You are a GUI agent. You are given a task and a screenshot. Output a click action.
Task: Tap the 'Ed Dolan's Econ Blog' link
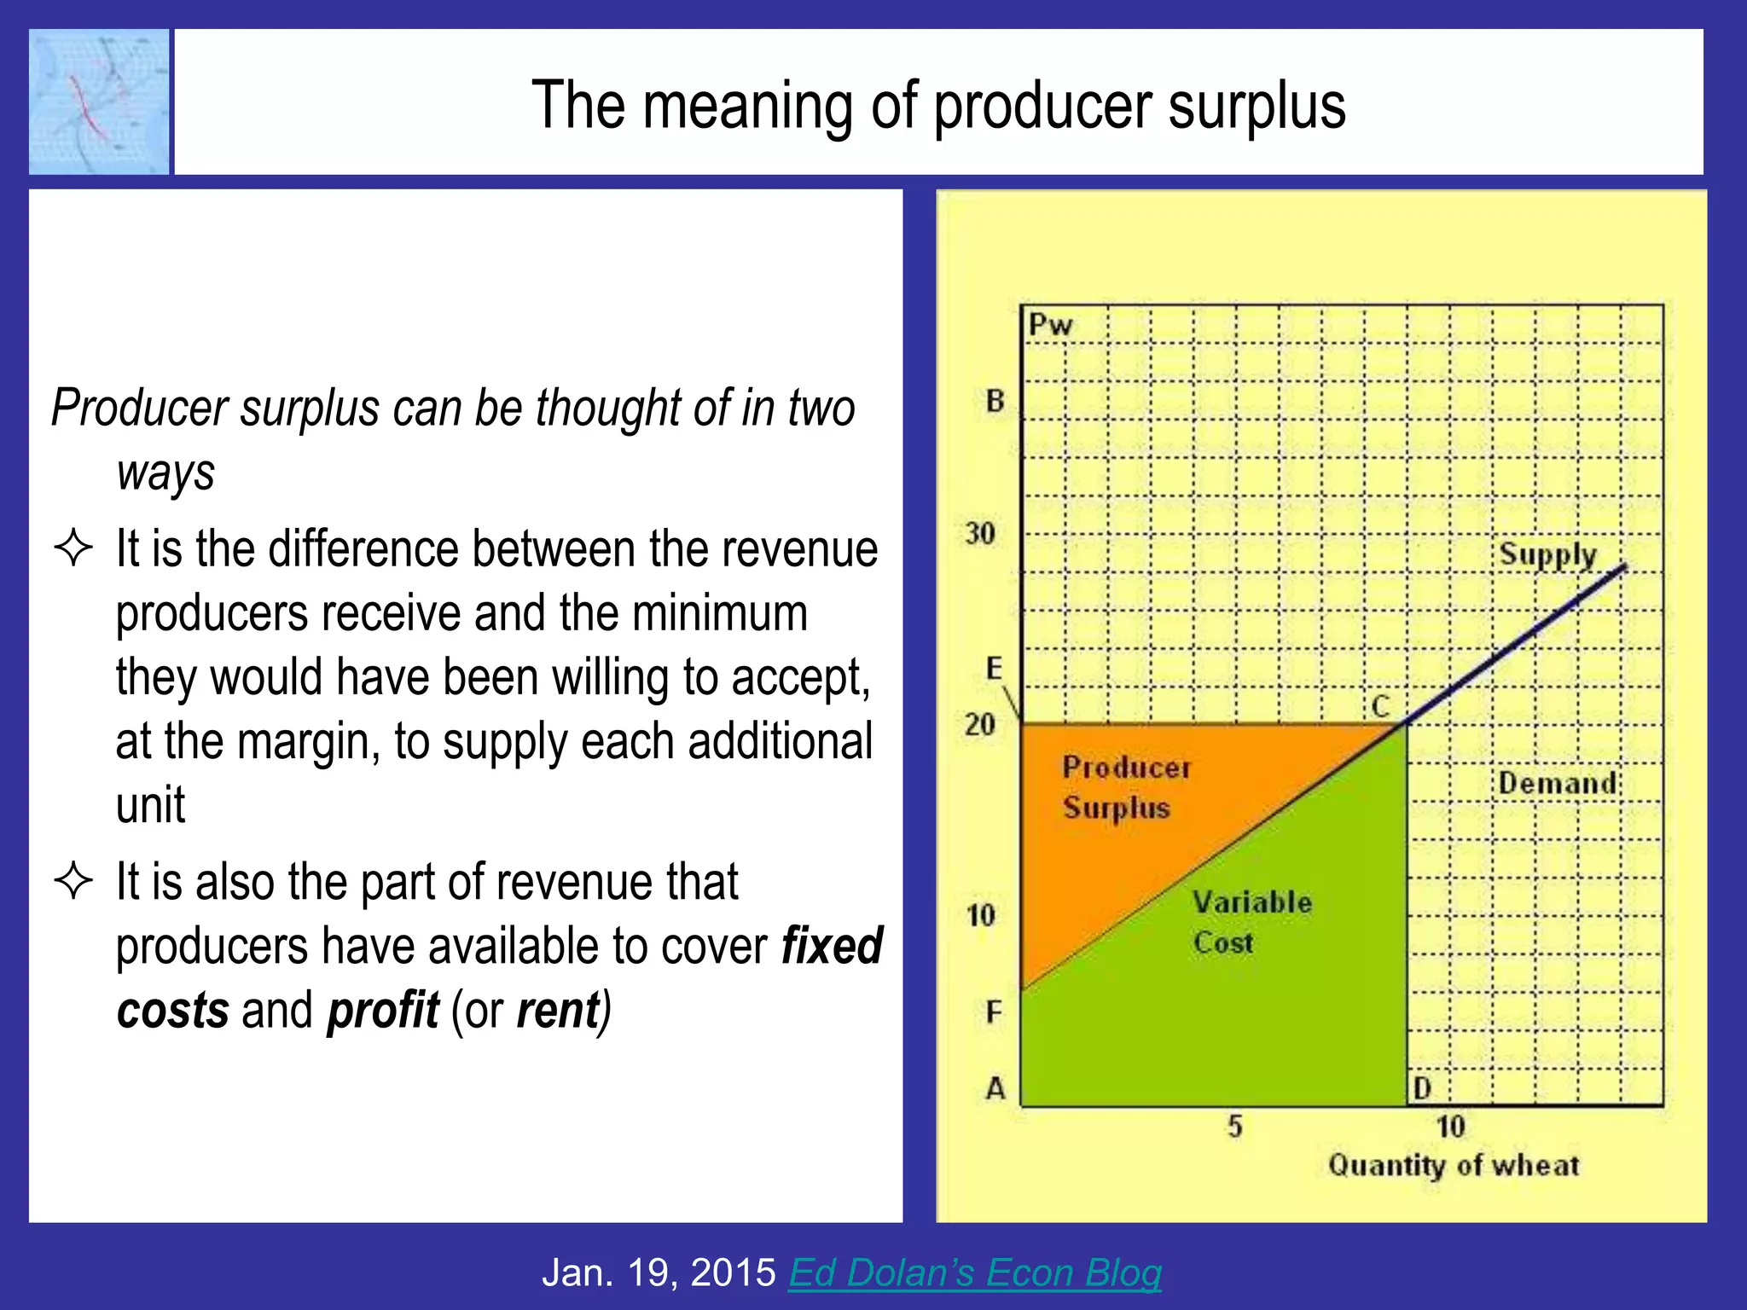(x=974, y=1272)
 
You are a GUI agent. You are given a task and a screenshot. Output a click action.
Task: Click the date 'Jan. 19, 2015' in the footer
(x=659, y=1272)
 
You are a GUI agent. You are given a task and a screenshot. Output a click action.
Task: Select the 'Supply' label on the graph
(x=1547, y=555)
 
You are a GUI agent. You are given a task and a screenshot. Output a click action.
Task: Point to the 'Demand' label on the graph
(x=1558, y=783)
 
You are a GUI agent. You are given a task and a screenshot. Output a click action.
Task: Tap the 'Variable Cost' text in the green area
(x=1251, y=922)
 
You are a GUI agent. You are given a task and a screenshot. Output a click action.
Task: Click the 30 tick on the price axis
(x=980, y=534)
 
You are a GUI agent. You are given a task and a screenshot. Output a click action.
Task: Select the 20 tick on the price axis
(x=980, y=725)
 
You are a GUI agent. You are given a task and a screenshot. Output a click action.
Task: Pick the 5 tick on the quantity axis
(x=1234, y=1127)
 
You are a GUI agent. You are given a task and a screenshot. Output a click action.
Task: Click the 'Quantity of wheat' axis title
(x=1454, y=1165)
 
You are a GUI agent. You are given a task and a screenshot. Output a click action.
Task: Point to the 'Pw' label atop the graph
(x=1049, y=325)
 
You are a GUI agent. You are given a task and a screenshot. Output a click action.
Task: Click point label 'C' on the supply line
(x=1380, y=706)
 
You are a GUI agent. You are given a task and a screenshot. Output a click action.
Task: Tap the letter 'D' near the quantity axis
(x=1422, y=1088)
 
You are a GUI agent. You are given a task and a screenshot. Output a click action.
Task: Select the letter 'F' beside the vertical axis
(x=994, y=1012)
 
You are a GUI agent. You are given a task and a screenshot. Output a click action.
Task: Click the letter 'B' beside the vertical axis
(x=995, y=401)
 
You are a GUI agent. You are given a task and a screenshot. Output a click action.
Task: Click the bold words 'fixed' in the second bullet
(x=832, y=945)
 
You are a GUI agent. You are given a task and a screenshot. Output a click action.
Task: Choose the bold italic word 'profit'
(x=383, y=1010)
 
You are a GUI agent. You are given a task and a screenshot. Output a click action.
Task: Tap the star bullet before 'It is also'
(x=73, y=881)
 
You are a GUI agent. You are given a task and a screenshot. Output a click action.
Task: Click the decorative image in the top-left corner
(x=99, y=101)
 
